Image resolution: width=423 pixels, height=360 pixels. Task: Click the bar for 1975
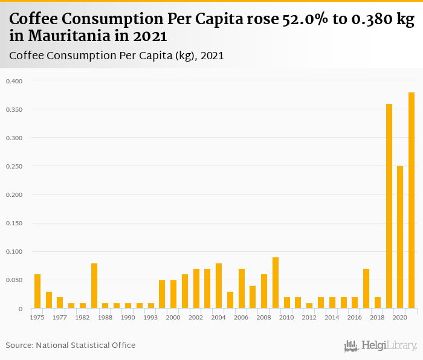[37, 292]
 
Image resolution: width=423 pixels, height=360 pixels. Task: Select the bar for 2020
[400, 237]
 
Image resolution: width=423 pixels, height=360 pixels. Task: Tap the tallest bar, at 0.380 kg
[412, 201]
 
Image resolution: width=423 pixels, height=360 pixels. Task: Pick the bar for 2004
[219, 286]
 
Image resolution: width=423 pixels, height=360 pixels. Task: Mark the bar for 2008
[264, 292]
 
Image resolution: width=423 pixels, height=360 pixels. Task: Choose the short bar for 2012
[309, 306]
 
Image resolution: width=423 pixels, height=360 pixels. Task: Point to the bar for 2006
[242, 289]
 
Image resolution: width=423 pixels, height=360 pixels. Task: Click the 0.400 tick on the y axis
[13, 81]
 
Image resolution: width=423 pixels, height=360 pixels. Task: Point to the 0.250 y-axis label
[13, 166]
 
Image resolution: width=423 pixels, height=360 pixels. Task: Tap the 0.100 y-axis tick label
[13, 252]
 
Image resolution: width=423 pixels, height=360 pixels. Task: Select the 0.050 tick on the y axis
[13, 280]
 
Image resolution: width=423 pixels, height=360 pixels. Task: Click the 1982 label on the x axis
[82, 317]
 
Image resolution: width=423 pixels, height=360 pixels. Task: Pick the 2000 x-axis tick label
[173, 317]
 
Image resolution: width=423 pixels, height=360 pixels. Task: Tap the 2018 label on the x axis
[378, 317]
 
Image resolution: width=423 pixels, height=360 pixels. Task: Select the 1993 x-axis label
[150, 317]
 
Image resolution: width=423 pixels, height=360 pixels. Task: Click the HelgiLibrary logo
[381, 346]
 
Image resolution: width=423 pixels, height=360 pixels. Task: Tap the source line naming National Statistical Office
[71, 346]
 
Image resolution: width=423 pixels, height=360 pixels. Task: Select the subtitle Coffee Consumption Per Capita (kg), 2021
[117, 56]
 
